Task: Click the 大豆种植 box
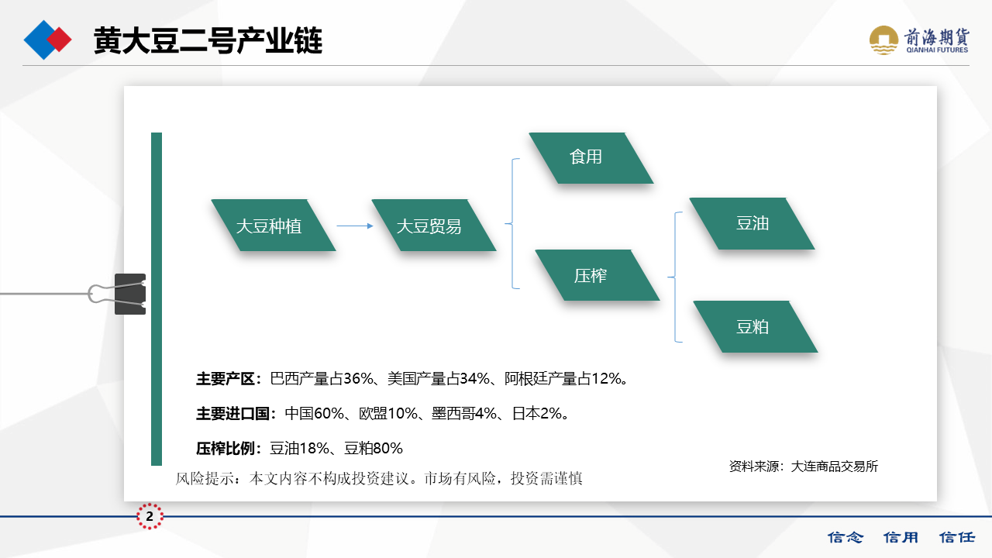click(x=274, y=226)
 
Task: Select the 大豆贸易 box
click(x=433, y=226)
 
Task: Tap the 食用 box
click(x=591, y=158)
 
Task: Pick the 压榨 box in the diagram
click(x=597, y=275)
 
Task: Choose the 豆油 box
click(x=752, y=224)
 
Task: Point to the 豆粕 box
click(x=755, y=327)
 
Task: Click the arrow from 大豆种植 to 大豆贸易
click(x=355, y=226)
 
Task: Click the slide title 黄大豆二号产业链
click(x=208, y=40)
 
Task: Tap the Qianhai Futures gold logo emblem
click(x=883, y=40)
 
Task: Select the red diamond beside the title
click(x=59, y=40)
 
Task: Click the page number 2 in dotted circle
click(x=150, y=516)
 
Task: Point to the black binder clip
click(x=129, y=294)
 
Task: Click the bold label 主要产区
click(x=226, y=379)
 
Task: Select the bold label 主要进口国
click(x=233, y=414)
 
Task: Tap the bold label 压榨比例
click(x=226, y=449)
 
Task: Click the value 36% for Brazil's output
click(x=358, y=379)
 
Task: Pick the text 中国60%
click(x=314, y=414)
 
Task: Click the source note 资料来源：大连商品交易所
click(x=804, y=467)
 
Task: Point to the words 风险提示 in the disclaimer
click(x=205, y=478)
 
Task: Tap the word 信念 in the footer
click(x=846, y=537)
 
